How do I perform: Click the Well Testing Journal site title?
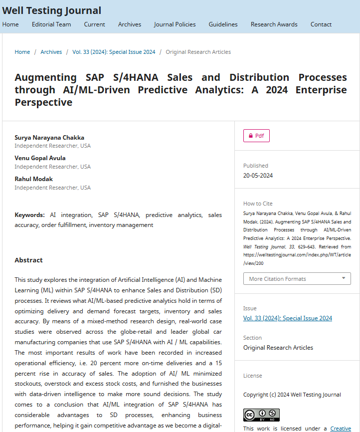[51, 10]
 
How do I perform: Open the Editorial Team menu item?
[51, 24]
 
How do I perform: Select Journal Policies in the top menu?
[175, 24]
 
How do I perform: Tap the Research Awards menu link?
[274, 24]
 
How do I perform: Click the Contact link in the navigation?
[321, 24]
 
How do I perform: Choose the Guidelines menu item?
[223, 24]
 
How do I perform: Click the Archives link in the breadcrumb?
[51, 52]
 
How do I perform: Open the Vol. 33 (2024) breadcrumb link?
[114, 52]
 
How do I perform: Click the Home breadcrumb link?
[22, 52]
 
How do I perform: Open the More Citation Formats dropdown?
[297, 279]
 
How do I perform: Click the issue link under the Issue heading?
[287, 318]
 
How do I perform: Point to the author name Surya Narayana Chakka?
[49, 138]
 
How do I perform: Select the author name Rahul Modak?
[33, 179]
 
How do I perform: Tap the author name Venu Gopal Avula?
[40, 158]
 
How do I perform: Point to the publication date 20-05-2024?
[258, 176]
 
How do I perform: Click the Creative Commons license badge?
[261, 415]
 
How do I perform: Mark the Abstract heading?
[28, 260]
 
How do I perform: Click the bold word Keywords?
[29, 215]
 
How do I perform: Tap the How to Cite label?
[258, 204]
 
